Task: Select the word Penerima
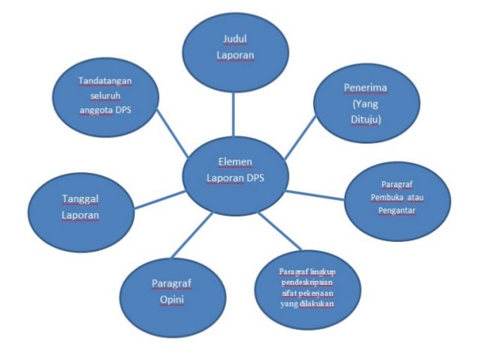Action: [366, 88]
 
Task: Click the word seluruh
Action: [103, 95]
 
